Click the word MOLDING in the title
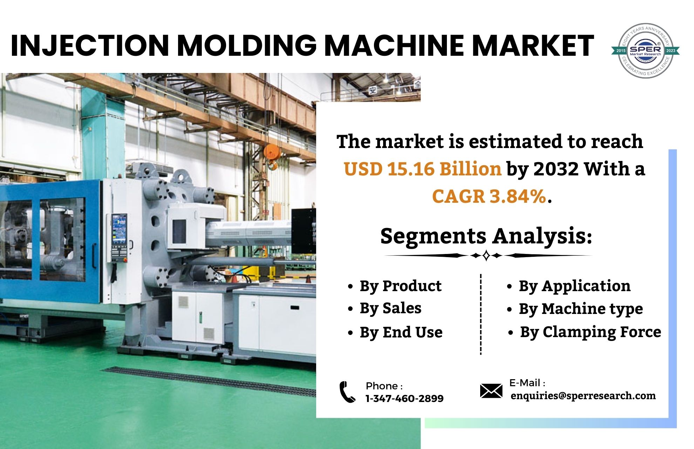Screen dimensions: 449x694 246,46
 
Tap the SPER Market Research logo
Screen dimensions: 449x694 645,51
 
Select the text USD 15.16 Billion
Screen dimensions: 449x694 422,169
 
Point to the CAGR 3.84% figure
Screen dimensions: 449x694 489,196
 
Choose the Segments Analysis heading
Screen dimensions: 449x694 486,236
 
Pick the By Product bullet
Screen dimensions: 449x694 400,286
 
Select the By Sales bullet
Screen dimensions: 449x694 390,309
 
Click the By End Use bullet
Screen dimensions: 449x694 401,332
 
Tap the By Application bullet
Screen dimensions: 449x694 574,286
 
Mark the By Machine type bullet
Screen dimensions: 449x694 580,309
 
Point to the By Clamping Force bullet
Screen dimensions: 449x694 590,332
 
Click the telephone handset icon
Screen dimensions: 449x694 347,392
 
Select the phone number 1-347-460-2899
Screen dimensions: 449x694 404,398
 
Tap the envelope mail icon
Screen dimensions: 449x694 491,391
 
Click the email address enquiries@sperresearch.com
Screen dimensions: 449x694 583,396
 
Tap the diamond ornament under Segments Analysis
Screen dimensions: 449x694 486,256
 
